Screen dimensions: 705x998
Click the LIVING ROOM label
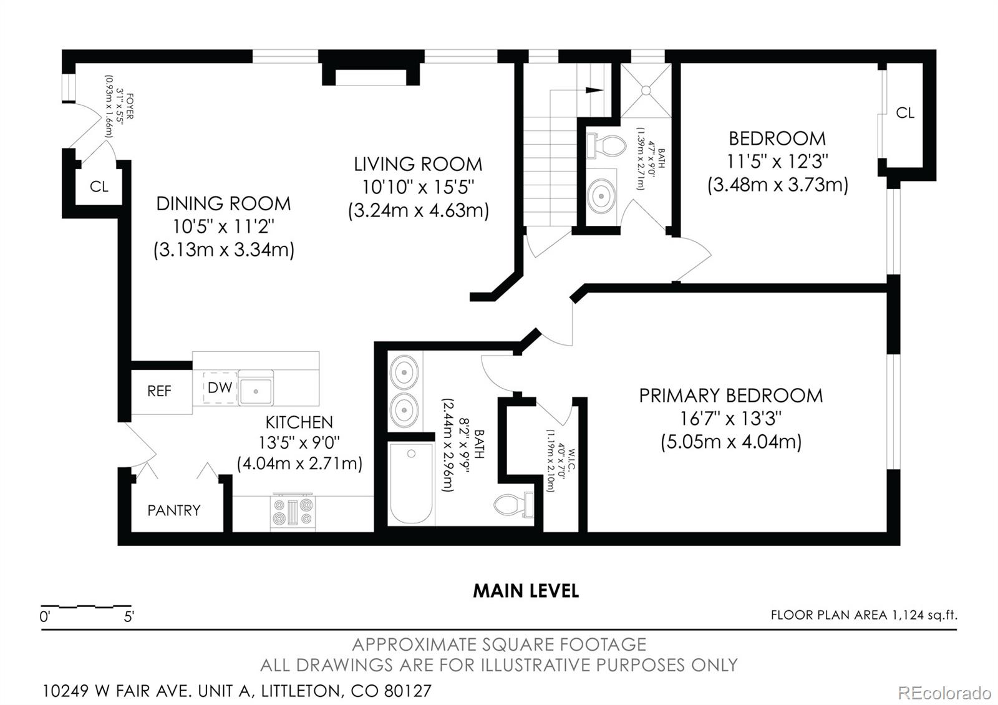[x=418, y=164]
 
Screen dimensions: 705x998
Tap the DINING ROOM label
[x=223, y=203]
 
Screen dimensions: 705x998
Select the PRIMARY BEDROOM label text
[x=730, y=396]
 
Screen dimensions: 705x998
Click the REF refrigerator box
[x=160, y=391]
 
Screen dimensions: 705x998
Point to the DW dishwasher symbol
[x=220, y=387]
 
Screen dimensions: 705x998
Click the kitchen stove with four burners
[x=293, y=512]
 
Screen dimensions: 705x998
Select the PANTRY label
[x=173, y=510]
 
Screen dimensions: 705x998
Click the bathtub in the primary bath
[x=410, y=484]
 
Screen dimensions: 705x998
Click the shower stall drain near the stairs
[x=646, y=90]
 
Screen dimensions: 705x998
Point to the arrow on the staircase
[x=594, y=90]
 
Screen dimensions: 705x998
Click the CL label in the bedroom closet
[x=905, y=113]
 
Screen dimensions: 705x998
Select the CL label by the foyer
[x=99, y=187]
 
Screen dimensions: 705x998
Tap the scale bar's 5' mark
[x=129, y=618]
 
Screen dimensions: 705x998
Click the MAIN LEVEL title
[x=525, y=591]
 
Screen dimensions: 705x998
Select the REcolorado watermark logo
[x=944, y=693]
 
